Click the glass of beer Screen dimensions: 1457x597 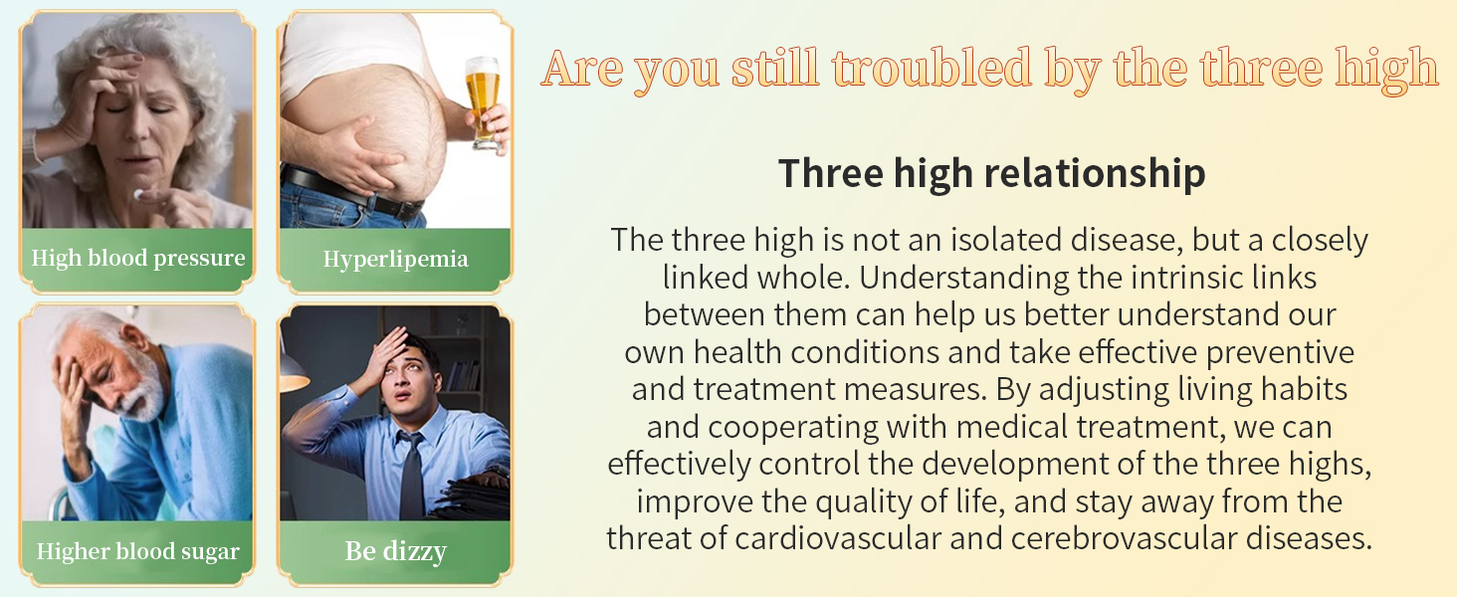(484, 100)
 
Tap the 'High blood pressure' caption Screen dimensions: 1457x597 (138, 258)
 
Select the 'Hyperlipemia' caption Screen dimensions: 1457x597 (395, 260)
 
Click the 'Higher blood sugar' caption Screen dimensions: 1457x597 (138, 551)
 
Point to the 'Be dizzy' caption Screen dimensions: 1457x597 (395, 551)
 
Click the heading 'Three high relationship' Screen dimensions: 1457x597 (992, 174)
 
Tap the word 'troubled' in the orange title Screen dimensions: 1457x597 (933, 69)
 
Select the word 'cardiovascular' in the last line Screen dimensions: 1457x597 (838, 539)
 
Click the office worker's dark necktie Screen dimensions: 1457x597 (412, 476)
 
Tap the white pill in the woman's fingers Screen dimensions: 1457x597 (138, 194)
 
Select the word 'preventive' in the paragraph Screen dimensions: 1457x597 (1280, 353)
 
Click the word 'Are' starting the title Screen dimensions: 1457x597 (582, 70)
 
